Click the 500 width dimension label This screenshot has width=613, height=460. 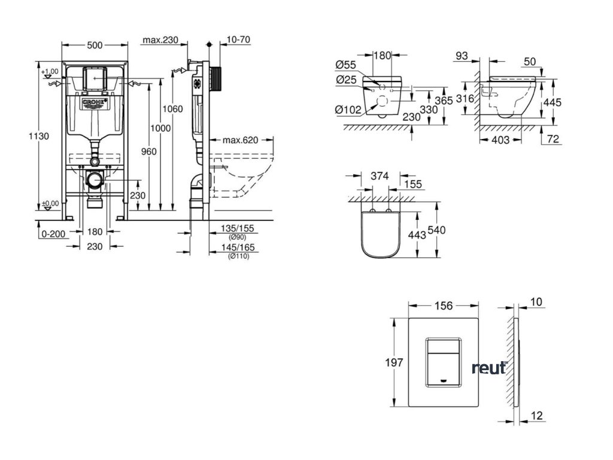coord(96,45)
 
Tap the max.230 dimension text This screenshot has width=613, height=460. coord(161,40)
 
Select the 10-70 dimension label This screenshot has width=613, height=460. coord(238,40)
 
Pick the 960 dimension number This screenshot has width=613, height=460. coord(148,152)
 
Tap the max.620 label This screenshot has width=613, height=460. coord(239,140)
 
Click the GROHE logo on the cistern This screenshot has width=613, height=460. coord(95,104)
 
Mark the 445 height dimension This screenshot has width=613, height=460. coord(551,102)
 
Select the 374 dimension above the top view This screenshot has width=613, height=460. coord(380,176)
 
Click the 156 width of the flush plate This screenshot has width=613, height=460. coord(444,305)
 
